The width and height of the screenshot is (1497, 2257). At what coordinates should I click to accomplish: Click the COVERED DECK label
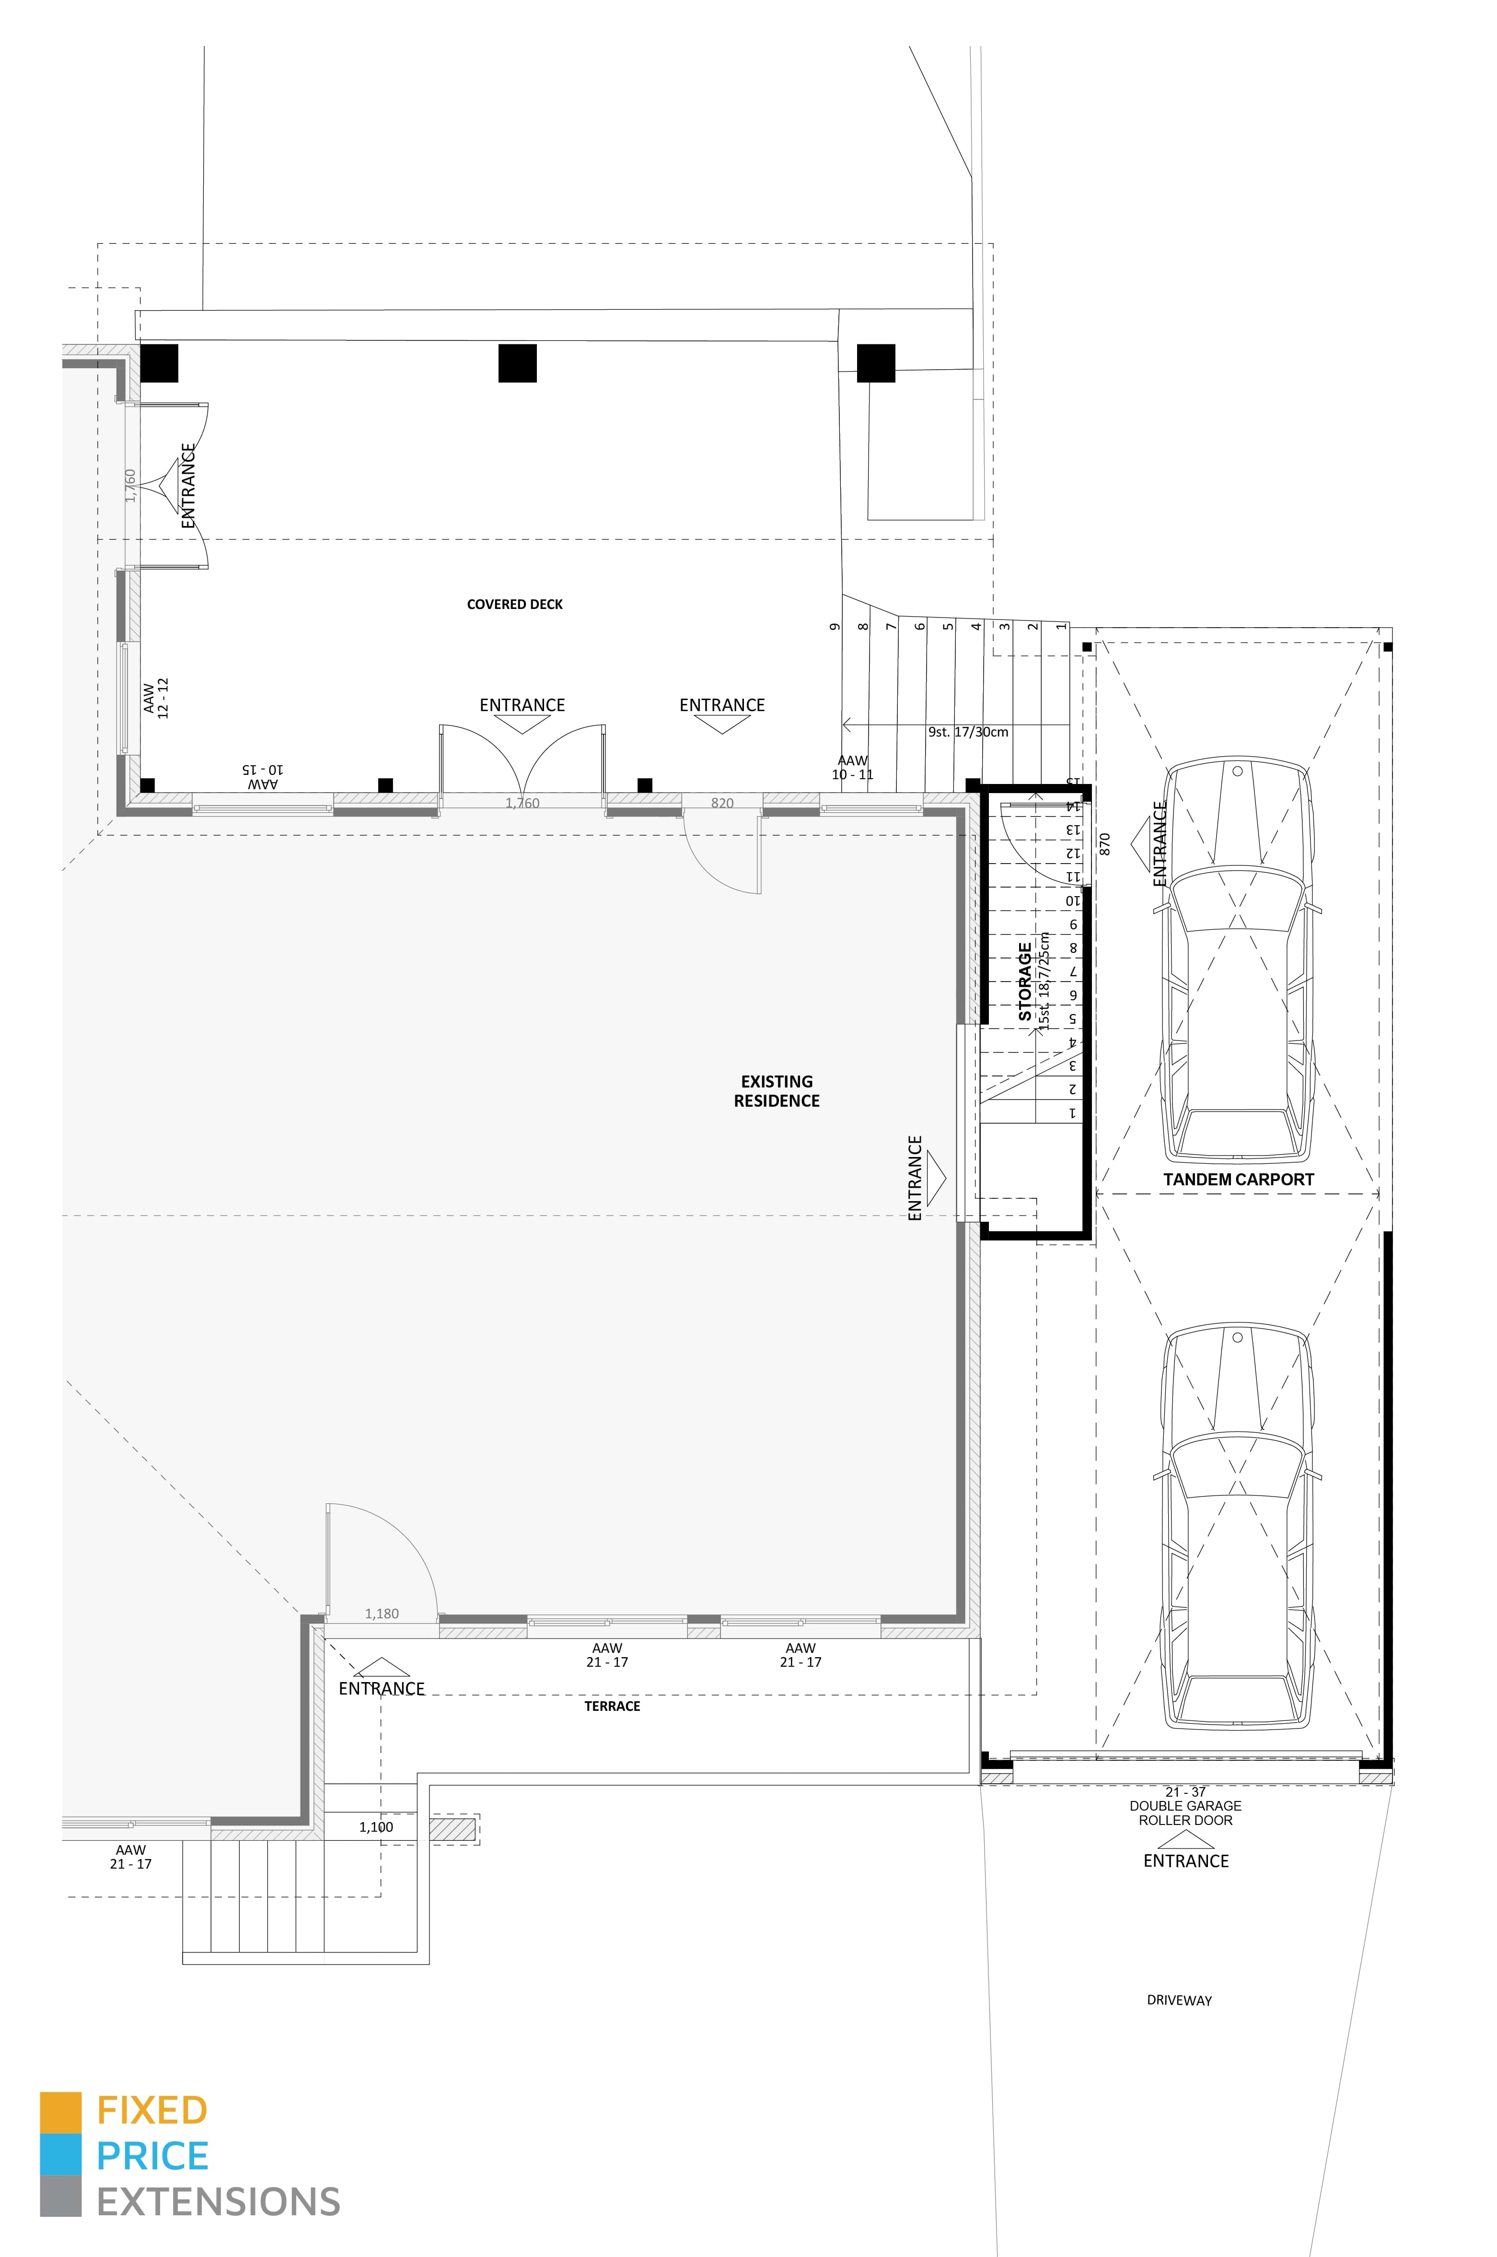pyautogui.click(x=515, y=604)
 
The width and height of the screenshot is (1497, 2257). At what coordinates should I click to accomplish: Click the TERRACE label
pyautogui.click(x=612, y=1706)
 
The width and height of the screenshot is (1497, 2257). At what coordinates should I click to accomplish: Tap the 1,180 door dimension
pyautogui.click(x=382, y=1614)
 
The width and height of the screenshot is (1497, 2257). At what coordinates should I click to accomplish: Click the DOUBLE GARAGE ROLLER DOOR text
pyautogui.click(x=1186, y=1813)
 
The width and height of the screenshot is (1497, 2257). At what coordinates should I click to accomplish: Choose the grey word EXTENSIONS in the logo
pyautogui.click(x=219, y=2202)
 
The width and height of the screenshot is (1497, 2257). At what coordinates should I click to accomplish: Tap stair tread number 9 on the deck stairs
pyautogui.click(x=836, y=626)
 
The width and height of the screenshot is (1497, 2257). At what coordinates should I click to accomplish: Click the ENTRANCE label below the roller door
pyautogui.click(x=1186, y=1861)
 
